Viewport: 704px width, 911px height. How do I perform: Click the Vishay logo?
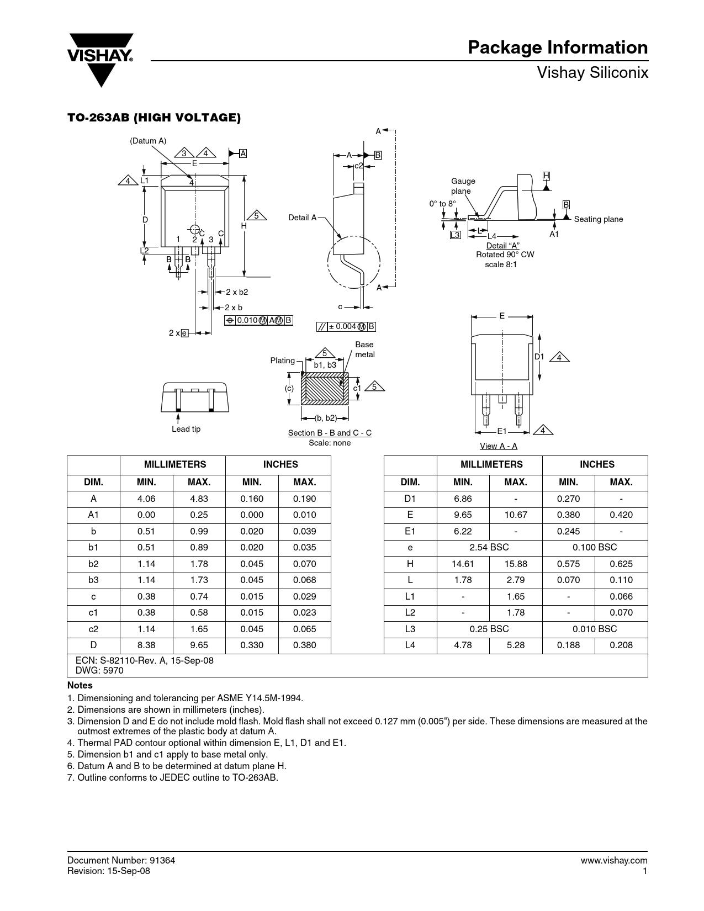pos(100,60)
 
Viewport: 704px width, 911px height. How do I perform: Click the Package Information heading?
pos(558,48)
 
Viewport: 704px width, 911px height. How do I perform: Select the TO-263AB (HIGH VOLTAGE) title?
pos(154,118)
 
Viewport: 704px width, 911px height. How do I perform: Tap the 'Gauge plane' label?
pos(463,186)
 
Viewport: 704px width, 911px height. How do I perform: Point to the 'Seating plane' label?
pos(599,219)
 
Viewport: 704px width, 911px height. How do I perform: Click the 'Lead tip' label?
pos(186,429)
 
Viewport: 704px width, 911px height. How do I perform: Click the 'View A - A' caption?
pos(499,446)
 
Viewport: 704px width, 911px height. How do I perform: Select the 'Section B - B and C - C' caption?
pos(330,433)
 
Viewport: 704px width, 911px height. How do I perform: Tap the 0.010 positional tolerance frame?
pos(258,320)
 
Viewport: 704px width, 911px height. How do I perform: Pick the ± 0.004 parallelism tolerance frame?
pos(346,327)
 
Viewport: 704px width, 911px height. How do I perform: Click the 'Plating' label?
pos(282,361)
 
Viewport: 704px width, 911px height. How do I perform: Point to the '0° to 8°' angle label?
pos(442,204)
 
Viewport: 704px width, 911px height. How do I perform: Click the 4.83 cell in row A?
pos(199,499)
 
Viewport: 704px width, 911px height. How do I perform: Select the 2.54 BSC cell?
pos(489,548)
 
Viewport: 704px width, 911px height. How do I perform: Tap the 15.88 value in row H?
pos(516,564)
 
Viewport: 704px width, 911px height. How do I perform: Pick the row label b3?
pos(93,580)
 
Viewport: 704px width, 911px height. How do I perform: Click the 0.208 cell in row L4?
pos(621,645)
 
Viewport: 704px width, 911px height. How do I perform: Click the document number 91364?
pos(162,860)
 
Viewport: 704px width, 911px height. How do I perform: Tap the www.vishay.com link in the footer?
pos(614,861)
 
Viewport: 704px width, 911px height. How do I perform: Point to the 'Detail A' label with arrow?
pos(303,218)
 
